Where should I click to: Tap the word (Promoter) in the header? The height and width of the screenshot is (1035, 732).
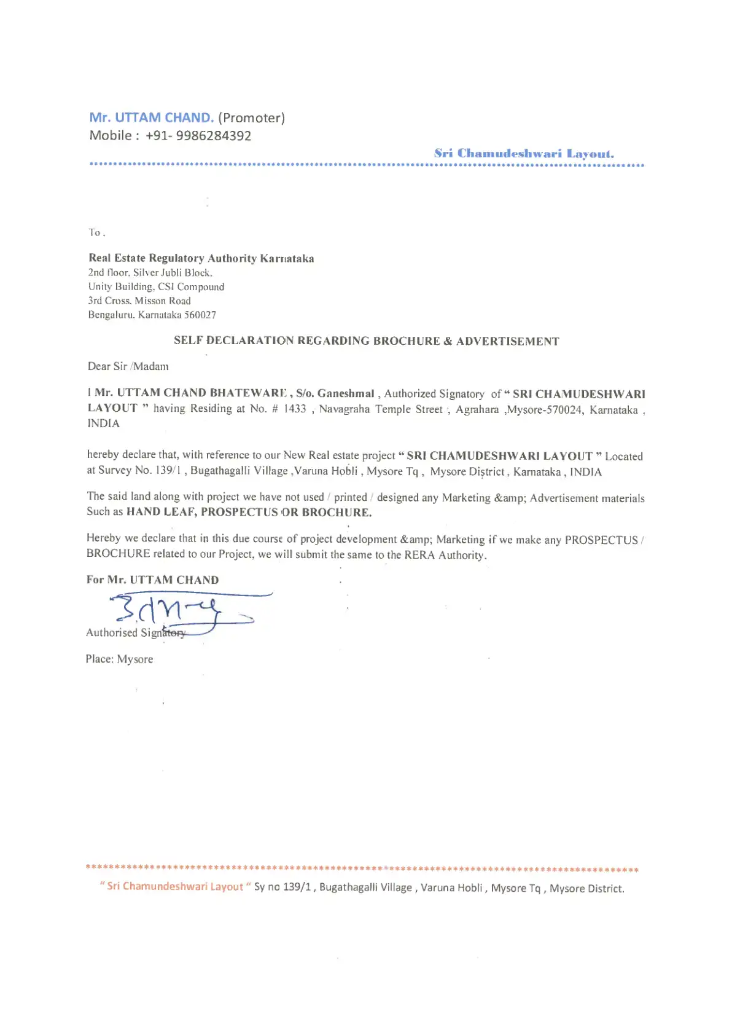pyautogui.click(x=251, y=117)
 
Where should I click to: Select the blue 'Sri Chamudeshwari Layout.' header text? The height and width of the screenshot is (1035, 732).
pyautogui.click(x=524, y=154)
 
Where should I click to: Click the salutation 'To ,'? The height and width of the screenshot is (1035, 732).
pyautogui.click(x=96, y=232)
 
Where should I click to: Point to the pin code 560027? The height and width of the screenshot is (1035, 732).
pyautogui.click(x=200, y=315)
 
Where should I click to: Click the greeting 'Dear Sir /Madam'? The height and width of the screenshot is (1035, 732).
pyautogui.click(x=128, y=366)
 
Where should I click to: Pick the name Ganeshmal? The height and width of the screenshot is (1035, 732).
pyautogui.click(x=346, y=393)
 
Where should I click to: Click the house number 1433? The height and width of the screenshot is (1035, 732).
pyautogui.click(x=294, y=409)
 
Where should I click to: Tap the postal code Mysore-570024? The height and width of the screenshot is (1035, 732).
pyautogui.click(x=544, y=410)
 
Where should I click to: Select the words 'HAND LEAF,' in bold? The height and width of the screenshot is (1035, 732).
pyautogui.click(x=162, y=511)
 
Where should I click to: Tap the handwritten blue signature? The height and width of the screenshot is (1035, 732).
pyautogui.click(x=178, y=611)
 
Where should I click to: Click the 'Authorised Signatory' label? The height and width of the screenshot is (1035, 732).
pyautogui.click(x=135, y=632)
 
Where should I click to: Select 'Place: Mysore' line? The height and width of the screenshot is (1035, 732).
pyautogui.click(x=119, y=659)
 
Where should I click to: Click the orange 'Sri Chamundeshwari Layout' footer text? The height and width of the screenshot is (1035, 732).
pyautogui.click(x=175, y=886)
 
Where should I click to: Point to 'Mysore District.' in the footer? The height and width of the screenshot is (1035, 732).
pyautogui.click(x=586, y=888)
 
